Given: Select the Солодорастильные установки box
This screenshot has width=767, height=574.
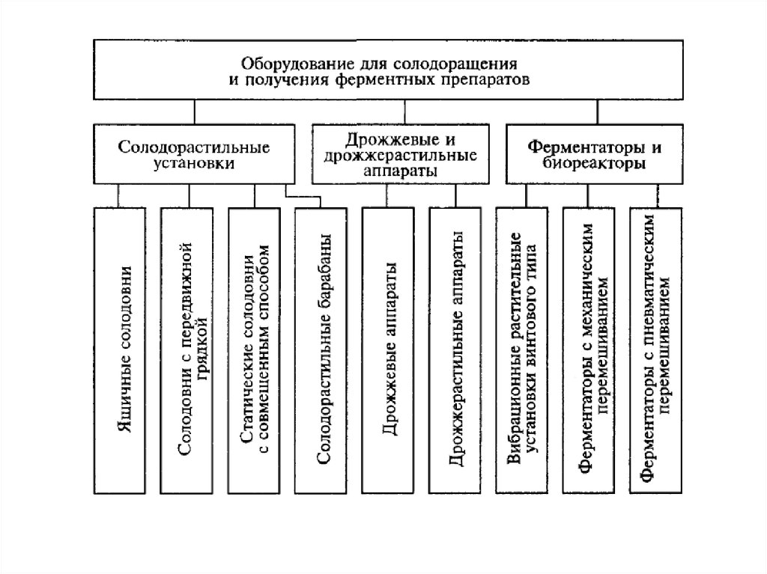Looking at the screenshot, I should tap(194, 153).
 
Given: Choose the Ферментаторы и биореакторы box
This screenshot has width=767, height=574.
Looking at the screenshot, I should tap(597, 154).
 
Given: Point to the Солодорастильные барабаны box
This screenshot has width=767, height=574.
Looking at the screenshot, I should tap(320, 349).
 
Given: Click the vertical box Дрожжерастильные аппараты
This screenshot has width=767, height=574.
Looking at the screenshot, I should tap(455, 349).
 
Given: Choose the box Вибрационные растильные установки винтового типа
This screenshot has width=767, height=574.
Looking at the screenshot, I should tap(521, 349).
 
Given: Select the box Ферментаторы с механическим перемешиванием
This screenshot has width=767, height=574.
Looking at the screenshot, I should tap(589, 349).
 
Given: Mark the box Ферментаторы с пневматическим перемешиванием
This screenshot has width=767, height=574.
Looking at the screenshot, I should tap(656, 349).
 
